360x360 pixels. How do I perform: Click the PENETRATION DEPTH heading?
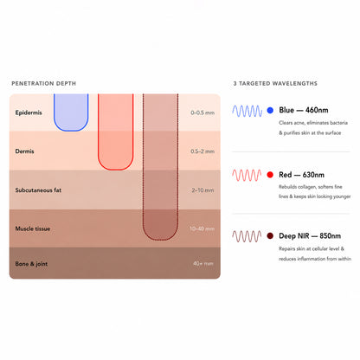point(43,83)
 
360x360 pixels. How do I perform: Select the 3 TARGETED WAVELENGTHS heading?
point(275,83)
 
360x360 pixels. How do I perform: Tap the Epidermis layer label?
point(29,112)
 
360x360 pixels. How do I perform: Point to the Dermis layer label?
point(24,151)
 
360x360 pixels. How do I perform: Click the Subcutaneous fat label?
point(38,190)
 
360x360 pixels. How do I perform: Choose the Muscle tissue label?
point(33,228)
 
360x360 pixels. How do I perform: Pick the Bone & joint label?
point(31,264)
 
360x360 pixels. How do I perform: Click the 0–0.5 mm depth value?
point(202,112)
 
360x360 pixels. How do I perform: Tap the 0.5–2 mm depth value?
point(202,151)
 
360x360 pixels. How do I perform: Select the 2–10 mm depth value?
point(202,190)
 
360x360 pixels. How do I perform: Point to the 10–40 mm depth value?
point(202,228)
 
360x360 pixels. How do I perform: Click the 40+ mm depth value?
point(203,263)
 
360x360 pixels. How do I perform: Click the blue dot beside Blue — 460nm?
point(270,110)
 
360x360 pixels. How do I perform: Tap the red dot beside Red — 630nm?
point(270,175)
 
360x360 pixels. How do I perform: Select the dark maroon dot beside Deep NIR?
point(270,236)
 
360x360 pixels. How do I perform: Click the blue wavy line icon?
point(247,111)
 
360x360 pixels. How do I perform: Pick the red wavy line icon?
point(247,175)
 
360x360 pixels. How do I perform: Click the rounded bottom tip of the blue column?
point(71,131)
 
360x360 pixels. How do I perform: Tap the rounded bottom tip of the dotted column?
point(160,240)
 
